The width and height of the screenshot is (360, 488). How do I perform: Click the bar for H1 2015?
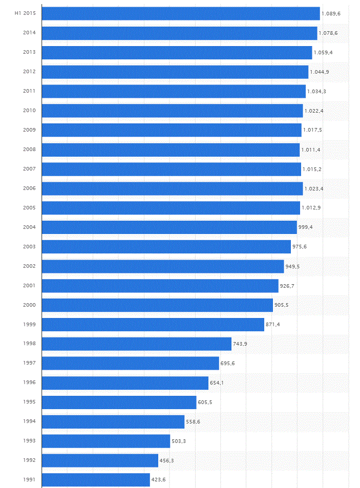click(180, 13)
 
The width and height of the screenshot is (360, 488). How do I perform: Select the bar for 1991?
click(96, 479)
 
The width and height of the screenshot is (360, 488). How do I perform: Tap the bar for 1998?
click(136, 344)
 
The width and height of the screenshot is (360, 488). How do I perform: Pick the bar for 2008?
click(171, 150)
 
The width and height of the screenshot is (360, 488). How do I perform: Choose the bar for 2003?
click(166, 247)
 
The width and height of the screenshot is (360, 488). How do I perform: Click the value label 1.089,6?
click(331, 14)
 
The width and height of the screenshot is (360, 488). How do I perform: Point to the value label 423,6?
click(159, 480)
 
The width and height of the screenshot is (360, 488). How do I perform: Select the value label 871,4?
click(273, 325)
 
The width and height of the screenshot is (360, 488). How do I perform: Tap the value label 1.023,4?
click(314, 188)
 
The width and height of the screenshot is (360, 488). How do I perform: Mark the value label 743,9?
click(240, 344)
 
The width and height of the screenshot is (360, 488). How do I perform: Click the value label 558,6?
click(193, 422)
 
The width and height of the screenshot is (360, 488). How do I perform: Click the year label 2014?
click(29, 33)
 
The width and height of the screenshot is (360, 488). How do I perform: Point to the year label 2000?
click(29, 305)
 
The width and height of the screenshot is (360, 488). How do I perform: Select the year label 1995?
click(29, 402)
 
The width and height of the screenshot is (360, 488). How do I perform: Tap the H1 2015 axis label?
click(25, 13)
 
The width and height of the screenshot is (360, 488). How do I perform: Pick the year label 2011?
click(29, 91)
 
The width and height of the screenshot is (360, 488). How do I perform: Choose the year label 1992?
click(29, 460)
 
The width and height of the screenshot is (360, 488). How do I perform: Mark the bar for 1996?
click(125, 383)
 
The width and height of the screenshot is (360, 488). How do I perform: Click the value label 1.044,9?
click(320, 72)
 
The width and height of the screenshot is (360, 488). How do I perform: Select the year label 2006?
click(29, 188)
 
